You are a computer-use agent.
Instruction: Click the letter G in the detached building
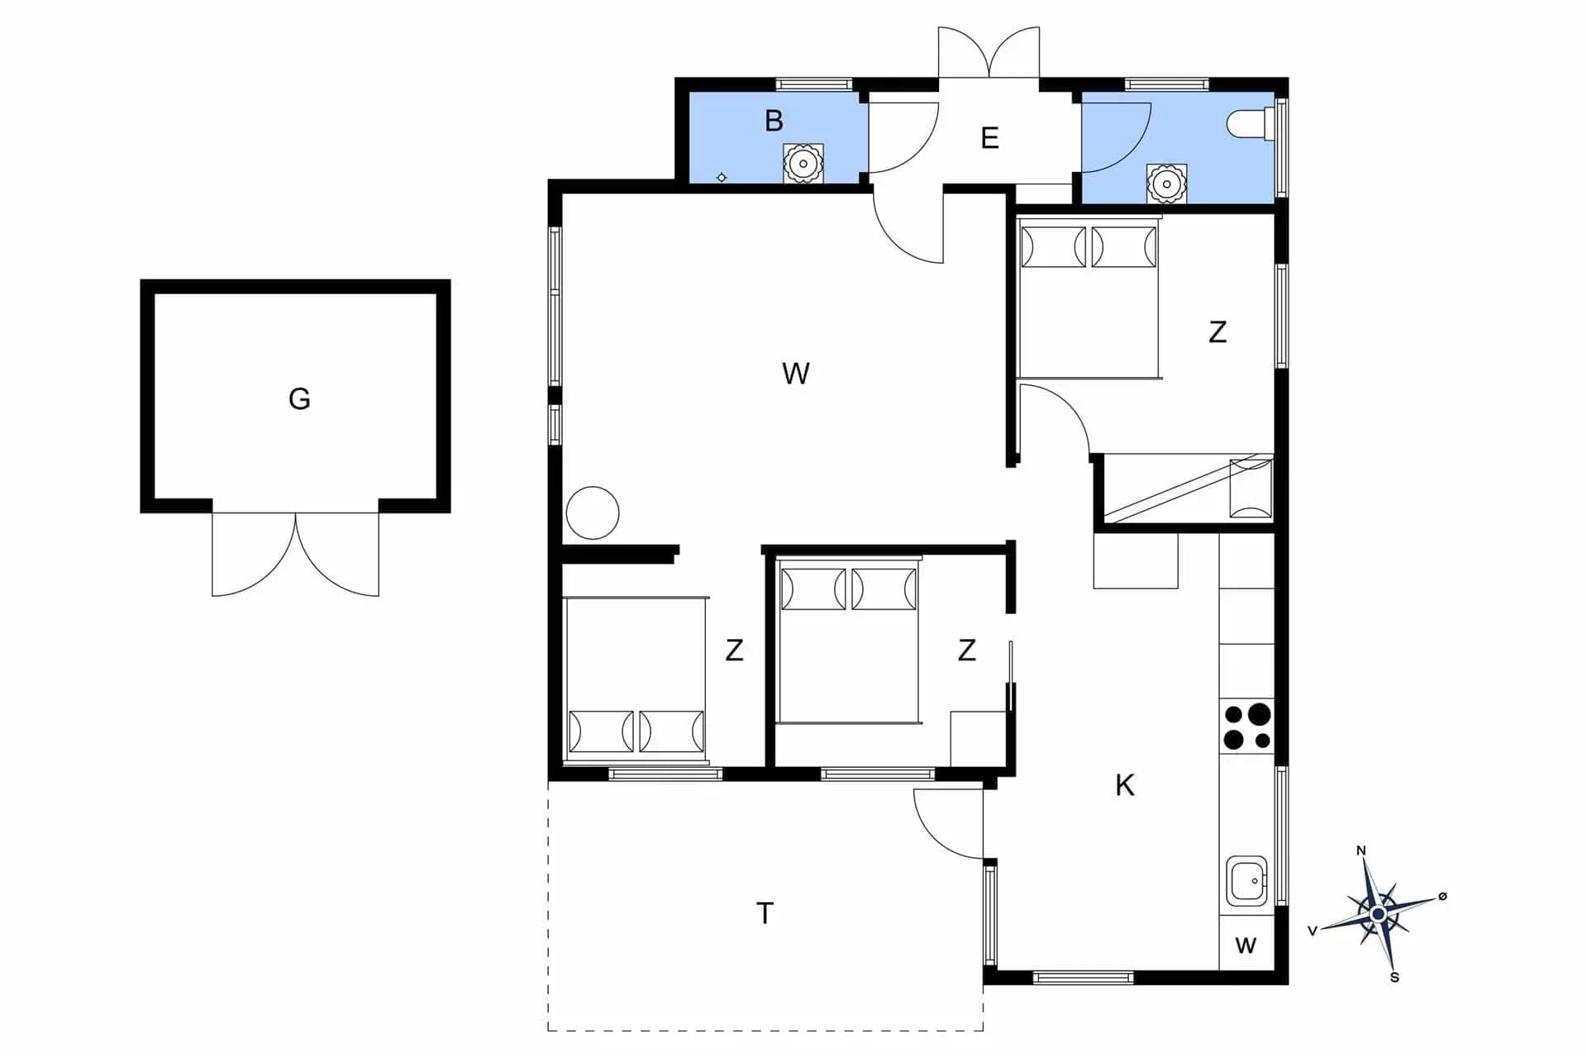click(x=299, y=399)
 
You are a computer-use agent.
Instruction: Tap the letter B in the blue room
click(x=774, y=121)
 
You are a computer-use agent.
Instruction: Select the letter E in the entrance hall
click(x=989, y=137)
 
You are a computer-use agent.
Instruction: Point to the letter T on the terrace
click(x=765, y=913)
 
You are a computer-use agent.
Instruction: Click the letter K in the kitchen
click(x=1124, y=785)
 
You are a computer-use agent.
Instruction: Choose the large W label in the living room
click(x=795, y=374)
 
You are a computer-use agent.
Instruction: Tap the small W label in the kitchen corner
click(x=1246, y=946)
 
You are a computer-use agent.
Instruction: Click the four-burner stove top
click(x=1247, y=727)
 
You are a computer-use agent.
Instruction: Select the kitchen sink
click(x=1246, y=881)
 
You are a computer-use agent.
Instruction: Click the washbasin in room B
click(x=803, y=164)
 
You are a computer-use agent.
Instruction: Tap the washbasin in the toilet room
click(x=1166, y=183)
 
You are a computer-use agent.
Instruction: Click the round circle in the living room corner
click(x=593, y=513)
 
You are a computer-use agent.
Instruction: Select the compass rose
click(x=1378, y=914)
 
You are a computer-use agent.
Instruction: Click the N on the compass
click(x=1361, y=851)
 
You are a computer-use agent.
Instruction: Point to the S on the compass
click(x=1394, y=978)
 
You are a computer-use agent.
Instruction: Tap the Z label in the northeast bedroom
click(x=1217, y=332)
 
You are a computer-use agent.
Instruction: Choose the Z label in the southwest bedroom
click(x=734, y=651)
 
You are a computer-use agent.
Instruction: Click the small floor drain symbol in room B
click(x=722, y=178)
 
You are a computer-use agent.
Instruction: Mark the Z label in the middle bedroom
click(x=966, y=651)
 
